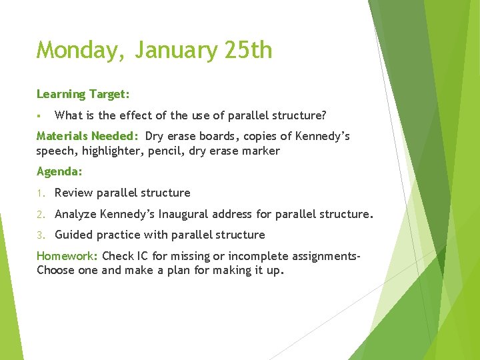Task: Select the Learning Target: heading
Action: tap(83, 94)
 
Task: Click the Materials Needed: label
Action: tap(87, 136)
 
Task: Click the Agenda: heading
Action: tap(59, 171)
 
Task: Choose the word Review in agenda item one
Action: tap(74, 193)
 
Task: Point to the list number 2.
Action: tap(40, 215)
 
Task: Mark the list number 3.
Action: tap(40, 235)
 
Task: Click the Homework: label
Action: tap(67, 256)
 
